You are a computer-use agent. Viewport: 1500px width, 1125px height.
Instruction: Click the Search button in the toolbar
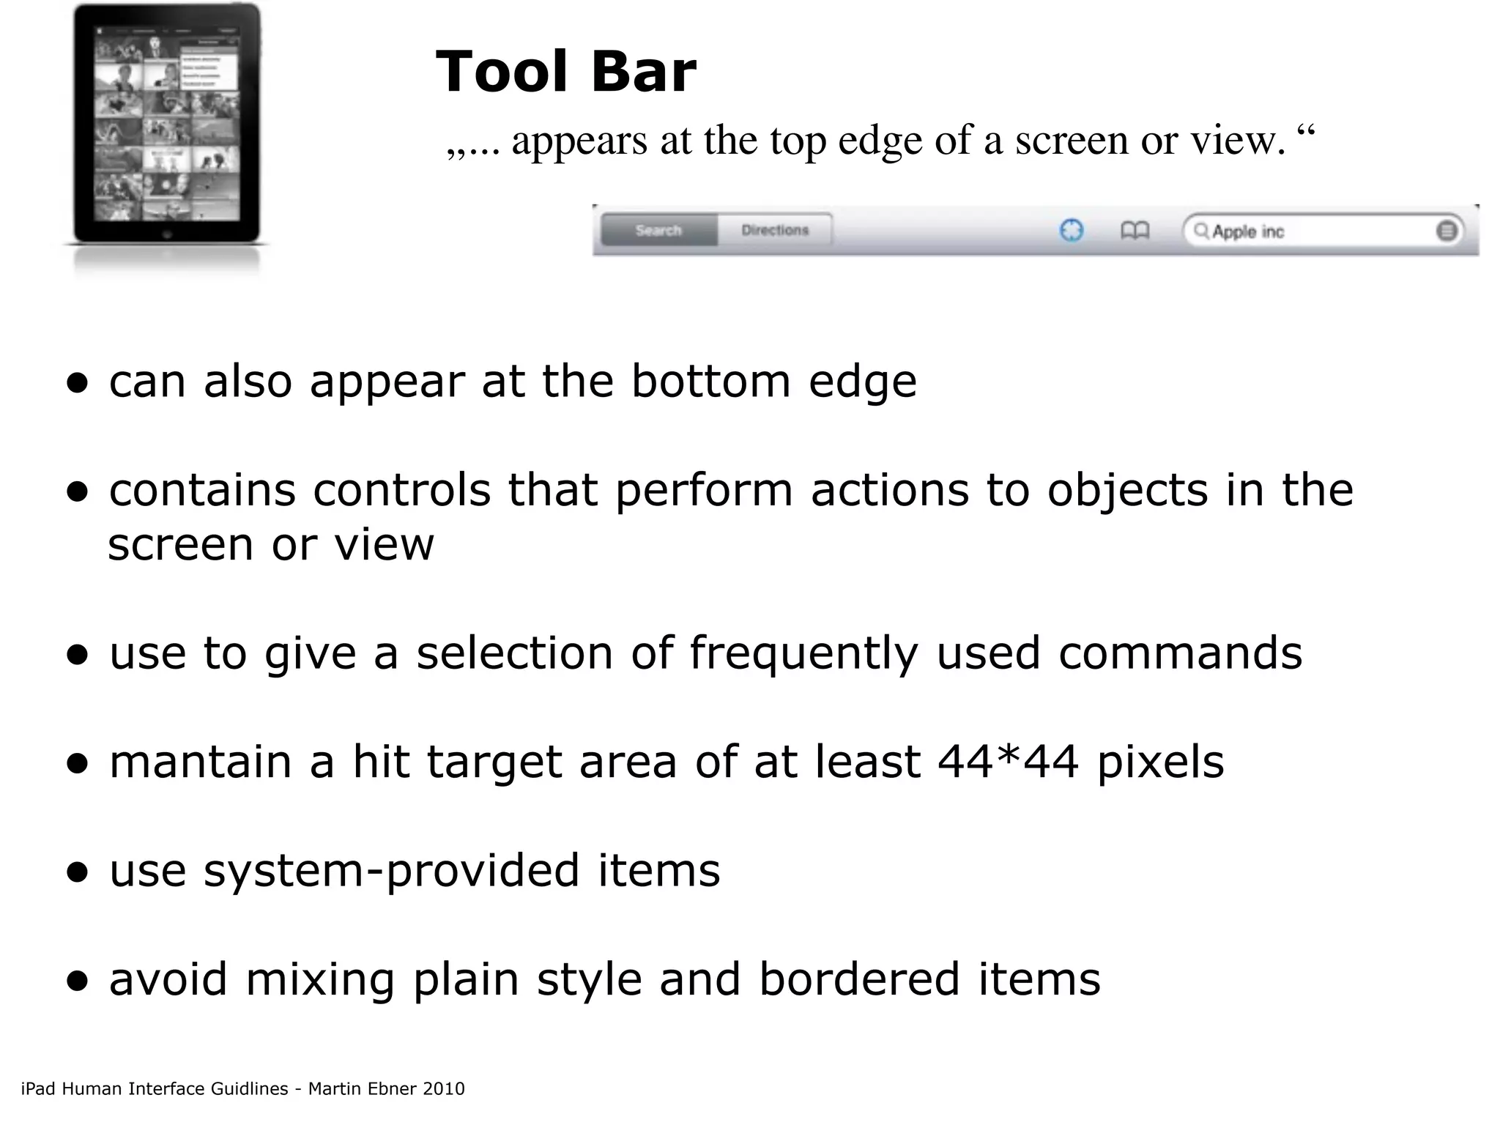(x=658, y=230)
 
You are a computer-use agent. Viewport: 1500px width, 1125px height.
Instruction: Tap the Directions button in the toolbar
(x=775, y=230)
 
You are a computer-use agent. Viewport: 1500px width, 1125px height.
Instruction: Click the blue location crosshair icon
(x=1072, y=231)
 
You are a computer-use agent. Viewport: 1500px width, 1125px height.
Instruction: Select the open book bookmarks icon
(x=1135, y=231)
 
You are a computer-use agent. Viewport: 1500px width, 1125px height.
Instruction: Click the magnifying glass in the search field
(x=1201, y=231)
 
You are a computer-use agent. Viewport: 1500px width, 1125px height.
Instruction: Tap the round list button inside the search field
(x=1447, y=231)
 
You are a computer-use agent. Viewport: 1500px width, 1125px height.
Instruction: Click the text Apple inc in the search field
(x=1248, y=232)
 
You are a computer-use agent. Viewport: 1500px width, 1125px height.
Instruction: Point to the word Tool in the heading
(x=502, y=72)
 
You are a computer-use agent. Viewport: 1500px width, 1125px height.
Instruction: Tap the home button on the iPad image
(x=167, y=235)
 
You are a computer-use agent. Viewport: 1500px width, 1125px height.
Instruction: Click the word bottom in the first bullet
(x=711, y=382)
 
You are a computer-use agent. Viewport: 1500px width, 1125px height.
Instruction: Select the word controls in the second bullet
(x=402, y=490)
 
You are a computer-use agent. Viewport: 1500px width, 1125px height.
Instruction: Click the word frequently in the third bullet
(x=803, y=653)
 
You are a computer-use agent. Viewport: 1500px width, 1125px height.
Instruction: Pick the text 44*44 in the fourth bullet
(x=1008, y=762)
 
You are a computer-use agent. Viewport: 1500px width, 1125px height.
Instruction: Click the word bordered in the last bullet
(x=859, y=979)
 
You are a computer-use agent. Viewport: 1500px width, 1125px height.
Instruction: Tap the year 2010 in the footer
(x=443, y=1089)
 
